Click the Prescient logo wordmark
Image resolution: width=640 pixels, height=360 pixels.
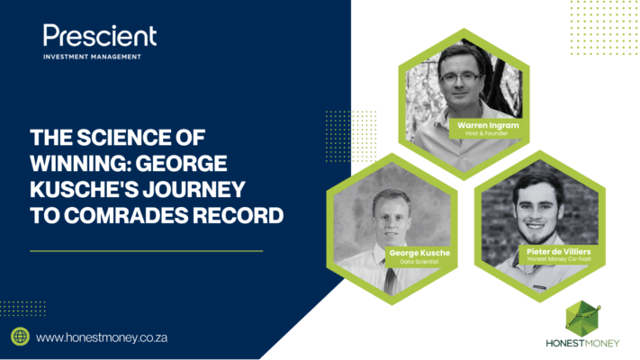(100, 35)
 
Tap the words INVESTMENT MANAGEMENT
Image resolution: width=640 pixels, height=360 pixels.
(92, 57)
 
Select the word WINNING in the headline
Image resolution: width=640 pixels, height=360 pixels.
(79, 163)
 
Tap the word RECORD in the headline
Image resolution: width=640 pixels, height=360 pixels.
(238, 215)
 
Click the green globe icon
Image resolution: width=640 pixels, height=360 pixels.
(20, 337)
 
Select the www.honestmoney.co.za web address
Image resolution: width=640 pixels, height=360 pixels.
(102, 338)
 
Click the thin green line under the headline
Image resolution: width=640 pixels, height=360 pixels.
(146, 251)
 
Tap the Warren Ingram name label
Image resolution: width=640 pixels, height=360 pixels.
(488, 125)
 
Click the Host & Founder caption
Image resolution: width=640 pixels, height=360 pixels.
(487, 133)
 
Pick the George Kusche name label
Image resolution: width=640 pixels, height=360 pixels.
(419, 253)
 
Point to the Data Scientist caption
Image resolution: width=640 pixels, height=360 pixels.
(419, 262)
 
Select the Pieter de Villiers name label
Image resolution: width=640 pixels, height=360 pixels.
(559, 251)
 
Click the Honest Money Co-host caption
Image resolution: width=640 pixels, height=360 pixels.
(559, 259)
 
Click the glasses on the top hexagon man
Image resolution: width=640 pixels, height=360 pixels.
(461, 77)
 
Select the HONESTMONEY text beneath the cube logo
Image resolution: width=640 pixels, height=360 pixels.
(582, 343)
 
